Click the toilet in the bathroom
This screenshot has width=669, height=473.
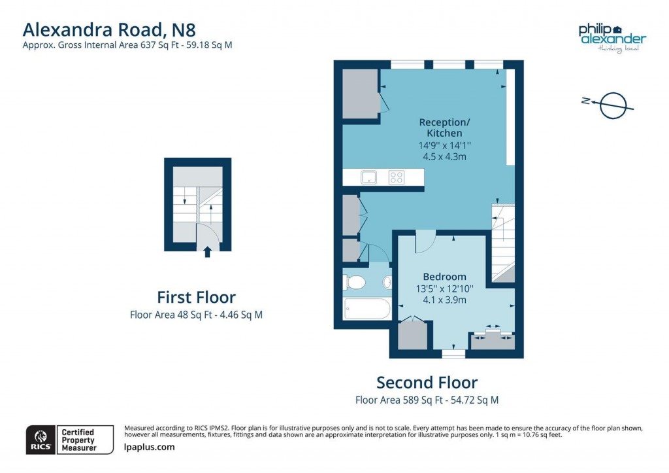pyautogui.click(x=354, y=283)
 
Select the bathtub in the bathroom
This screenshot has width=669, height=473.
pyautogui.click(x=367, y=308)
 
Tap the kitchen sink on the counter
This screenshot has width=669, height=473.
pyautogui.click(x=368, y=177)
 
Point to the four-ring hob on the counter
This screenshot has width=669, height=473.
pyautogui.click(x=396, y=177)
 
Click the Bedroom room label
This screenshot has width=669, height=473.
pyautogui.click(x=444, y=277)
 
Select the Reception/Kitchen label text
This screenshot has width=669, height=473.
pyautogui.click(x=444, y=128)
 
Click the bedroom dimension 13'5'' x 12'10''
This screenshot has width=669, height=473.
pyautogui.click(x=444, y=289)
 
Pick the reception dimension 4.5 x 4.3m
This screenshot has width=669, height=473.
pyautogui.click(x=444, y=156)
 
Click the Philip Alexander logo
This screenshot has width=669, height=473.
pyautogui.click(x=612, y=37)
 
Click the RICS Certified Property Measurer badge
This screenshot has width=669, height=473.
pyautogui.click(x=63, y=439)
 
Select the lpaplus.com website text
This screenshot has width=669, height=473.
pyautogui.click(x=149, y=447)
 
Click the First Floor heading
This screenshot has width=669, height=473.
pyautogui.click(x=196, y=297)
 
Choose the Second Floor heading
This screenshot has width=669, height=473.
pyautogui.click(x=427, y=382)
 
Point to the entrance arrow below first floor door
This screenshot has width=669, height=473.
pyautogui.click(x=208, y=251)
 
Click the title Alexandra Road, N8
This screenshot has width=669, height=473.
pyautogui.click(x=109, y=29)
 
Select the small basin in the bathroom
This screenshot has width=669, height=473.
pyautogui.click(x=387, y=283)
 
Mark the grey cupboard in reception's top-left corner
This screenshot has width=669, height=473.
pyautogui.click(x=360, y=94)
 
